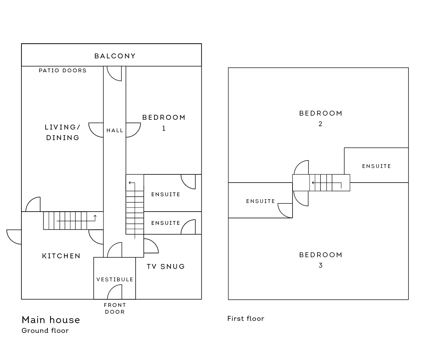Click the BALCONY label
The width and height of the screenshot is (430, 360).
[115, 56]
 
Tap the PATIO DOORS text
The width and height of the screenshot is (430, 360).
[63, 70]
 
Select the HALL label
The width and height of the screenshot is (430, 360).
[115, 131]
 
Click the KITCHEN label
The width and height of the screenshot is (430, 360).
[61, 256]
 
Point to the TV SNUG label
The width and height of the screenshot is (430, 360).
[166, 267]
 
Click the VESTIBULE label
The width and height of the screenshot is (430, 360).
[114, 279]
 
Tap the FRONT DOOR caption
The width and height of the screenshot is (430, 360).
[115, 308]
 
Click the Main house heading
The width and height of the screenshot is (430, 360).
[51, 320]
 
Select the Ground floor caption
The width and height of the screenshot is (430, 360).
[45, 331]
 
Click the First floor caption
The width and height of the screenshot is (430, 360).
[246, 319]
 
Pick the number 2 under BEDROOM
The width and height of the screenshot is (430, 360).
[320, 124]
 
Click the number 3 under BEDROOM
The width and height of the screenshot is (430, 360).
[320, 265]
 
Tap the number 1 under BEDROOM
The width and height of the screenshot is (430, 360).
[164, 128]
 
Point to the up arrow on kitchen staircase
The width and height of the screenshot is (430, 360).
[95, 218]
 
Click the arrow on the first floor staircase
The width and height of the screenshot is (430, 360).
[326, 183]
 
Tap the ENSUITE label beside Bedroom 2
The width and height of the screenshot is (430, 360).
[376, 166]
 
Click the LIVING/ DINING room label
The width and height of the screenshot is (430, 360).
[63, 133]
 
